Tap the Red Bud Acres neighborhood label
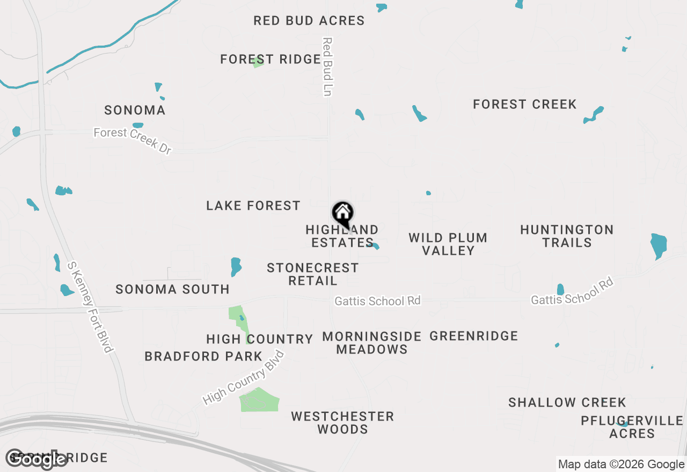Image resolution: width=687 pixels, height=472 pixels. coord(309,21)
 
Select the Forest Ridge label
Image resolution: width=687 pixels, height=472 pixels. coord(271,59)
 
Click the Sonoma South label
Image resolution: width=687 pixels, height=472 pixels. coord(172,290)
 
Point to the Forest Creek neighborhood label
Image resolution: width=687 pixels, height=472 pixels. coord(524,104)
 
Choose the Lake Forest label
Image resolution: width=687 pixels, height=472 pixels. coord(253,206)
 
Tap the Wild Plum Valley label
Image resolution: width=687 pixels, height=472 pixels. coord(448,244)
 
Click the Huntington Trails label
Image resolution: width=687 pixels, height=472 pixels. coord(567,236)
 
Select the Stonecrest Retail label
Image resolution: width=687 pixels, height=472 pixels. coord(312,274)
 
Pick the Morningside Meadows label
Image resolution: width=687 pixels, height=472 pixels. coord(371,343)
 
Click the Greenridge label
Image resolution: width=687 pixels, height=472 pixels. coord(474,336)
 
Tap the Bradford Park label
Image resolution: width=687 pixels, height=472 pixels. coord(203,356)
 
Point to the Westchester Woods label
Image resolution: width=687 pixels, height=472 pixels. coord(342,423)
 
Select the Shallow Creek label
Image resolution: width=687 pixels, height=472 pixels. coord(567,402)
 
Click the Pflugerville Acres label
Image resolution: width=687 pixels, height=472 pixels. coord(632,427)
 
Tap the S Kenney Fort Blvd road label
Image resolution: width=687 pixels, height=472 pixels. coord(90,307)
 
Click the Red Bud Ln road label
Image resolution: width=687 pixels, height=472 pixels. coord(327,67)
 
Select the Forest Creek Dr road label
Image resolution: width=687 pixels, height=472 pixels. coord(133,141)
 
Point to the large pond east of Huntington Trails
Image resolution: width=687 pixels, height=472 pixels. coord(658,246)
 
